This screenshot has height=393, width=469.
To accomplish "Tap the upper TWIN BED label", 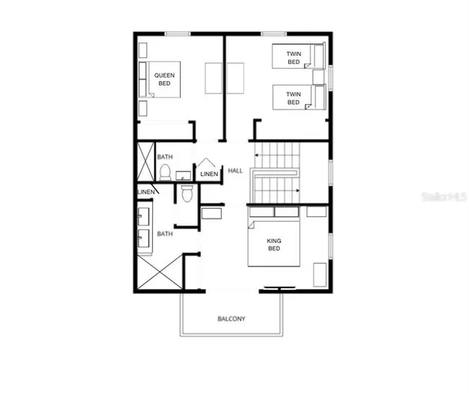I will coord(293,58).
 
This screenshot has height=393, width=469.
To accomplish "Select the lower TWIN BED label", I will coord(293,97).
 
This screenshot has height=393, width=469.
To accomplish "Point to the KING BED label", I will coord(274,245).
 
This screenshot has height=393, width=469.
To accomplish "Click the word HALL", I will coord(236,170).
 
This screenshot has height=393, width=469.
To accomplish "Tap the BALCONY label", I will coord(232,318).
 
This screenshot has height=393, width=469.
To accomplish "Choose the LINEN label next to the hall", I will coord(209,174).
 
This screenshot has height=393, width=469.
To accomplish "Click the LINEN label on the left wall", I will coord(146,192).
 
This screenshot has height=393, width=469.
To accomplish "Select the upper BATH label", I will coord(165,156).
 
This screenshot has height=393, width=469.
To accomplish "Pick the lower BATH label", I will coord(165,233).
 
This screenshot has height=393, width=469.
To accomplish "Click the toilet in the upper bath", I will coord(165,172).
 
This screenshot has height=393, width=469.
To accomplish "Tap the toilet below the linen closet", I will coord(186,194).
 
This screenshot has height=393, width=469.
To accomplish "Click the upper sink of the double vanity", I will coord(145,216).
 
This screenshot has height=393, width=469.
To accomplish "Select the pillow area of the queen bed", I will coord(144,79).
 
